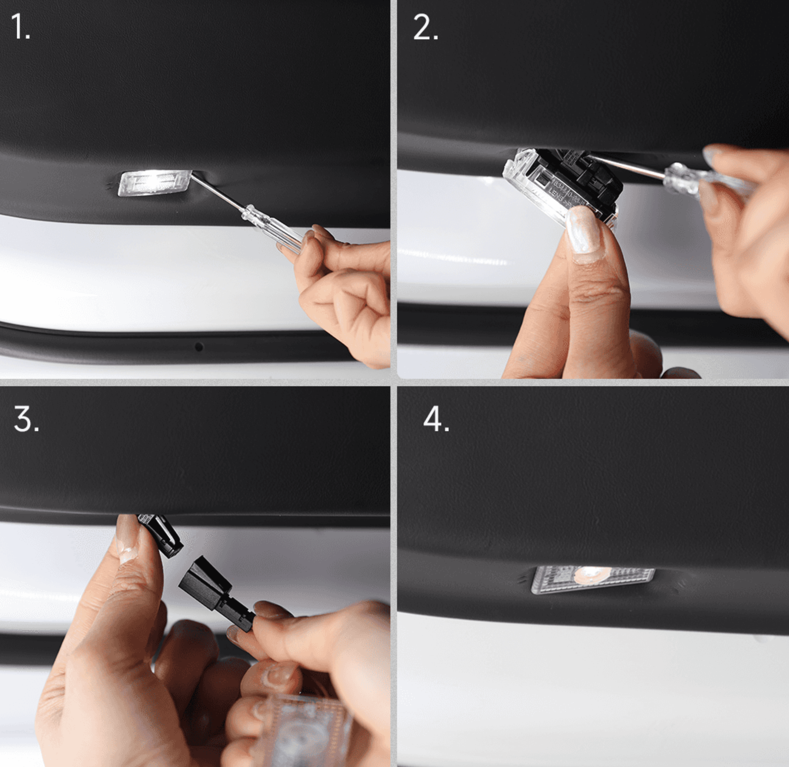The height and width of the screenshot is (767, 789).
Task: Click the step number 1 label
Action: click(20, 27)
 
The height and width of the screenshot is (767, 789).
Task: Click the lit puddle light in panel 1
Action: click(155, 183)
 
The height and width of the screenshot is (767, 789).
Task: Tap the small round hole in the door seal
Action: click(199, 347)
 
